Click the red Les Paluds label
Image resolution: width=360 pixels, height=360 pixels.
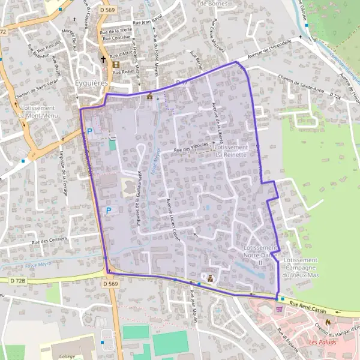tap(323, 342)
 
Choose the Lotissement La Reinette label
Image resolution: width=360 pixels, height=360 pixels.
tap(230, 151)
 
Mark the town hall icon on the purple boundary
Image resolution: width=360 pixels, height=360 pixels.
tap(149, 96)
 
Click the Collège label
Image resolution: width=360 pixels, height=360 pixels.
tap(67, 356)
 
